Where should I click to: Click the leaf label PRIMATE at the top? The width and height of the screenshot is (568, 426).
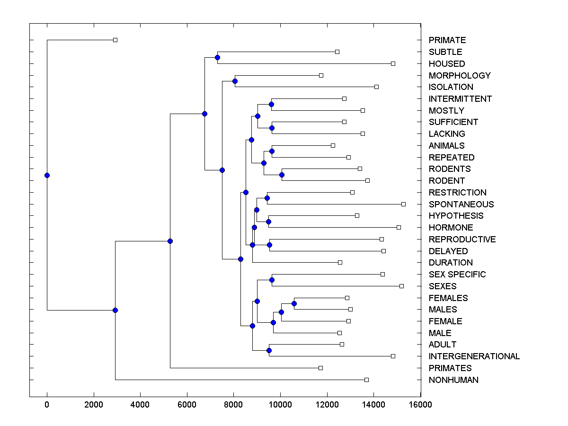tap(447, 40)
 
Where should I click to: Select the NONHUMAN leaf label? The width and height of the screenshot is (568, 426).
tap(453, 380)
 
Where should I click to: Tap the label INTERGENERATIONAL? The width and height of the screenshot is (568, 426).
tap(474, 356)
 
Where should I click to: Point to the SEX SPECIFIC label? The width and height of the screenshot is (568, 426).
tap(457, 275)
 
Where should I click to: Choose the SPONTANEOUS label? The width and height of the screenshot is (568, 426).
tap(461, 204)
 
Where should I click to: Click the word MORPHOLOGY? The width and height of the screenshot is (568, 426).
tap(460, 76)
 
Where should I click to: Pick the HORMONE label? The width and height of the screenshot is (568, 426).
tap(451, 228)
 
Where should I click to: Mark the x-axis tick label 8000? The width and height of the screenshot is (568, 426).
tap(233, 404)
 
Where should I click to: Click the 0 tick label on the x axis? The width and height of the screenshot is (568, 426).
tap(47, 404)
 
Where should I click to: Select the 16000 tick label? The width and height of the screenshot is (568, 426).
tap(420, 404)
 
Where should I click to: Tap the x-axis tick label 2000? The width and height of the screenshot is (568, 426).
tap(94, 404)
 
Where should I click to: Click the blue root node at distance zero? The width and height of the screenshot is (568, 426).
tap(47, 176)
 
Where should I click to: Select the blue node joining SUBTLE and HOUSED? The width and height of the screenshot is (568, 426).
tap(217, 58)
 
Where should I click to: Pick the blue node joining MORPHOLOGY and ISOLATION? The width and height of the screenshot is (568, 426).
tap(235, 81)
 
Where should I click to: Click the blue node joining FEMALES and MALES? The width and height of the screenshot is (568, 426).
tap(294, 303)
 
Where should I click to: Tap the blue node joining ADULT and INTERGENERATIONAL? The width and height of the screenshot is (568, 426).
tap(269, 350)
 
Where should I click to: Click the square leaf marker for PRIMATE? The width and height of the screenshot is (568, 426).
tap(115, 40)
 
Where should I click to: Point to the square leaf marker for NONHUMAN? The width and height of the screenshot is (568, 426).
tap(366, 380)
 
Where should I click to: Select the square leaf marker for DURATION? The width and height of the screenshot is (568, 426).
tap(340, 262)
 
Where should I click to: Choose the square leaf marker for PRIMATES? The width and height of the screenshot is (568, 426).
tap(320, 368)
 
